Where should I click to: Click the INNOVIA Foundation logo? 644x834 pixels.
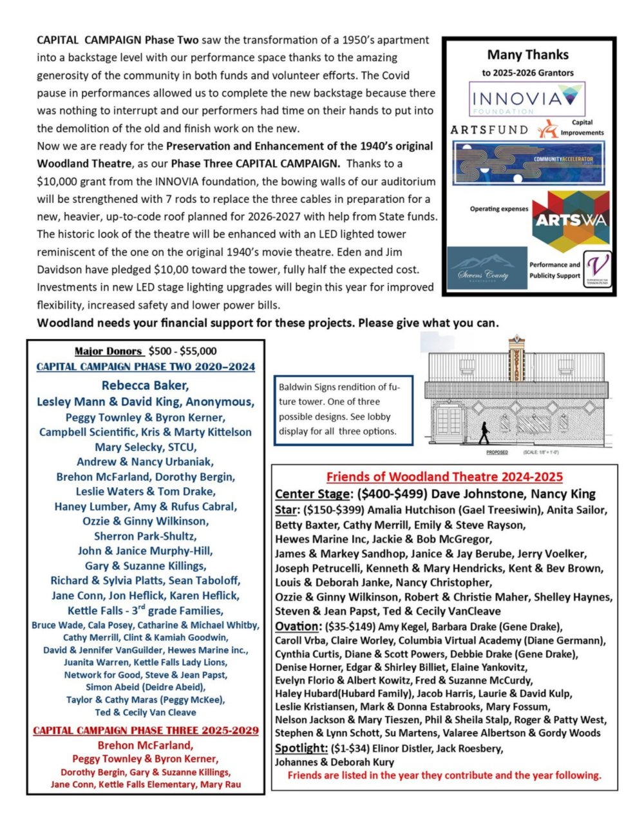(x=527, y=99)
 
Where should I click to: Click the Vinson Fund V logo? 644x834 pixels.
(x=598, y=269)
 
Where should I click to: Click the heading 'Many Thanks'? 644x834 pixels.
(x=527, y=55)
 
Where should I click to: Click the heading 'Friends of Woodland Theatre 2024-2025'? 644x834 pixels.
(x=444, y=477)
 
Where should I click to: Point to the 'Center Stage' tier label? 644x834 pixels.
(x=312, y=494)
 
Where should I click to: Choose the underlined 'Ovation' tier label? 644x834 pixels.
(x=297, y=626)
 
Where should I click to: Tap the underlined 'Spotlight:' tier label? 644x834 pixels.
(x=301, y=748)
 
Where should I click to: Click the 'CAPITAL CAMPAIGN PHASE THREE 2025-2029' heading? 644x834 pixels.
(x=146, y=730)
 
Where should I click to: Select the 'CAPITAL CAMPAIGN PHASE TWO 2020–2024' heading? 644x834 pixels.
(x=146, y=367)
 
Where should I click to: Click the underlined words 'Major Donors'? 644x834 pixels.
(x=108, y=351)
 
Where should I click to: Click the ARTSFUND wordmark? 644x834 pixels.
(x=489, y=130)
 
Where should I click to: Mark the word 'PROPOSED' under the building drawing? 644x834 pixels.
(x=497, y=452)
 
